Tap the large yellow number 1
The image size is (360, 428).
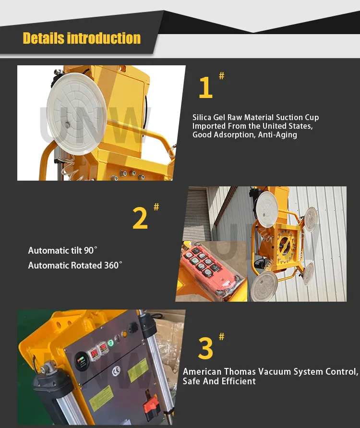[x=205, y=88]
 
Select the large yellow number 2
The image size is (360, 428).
[x=140, y=219]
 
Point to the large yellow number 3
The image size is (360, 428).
[x=205, y=349]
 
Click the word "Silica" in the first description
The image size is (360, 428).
[x=202, y=117]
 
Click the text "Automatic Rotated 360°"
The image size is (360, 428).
[x=75, y=265]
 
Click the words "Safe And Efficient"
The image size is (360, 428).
[x=219, y=381]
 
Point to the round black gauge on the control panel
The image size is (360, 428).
[x=80, y=358]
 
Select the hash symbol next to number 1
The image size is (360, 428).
[x=221, y=75]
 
